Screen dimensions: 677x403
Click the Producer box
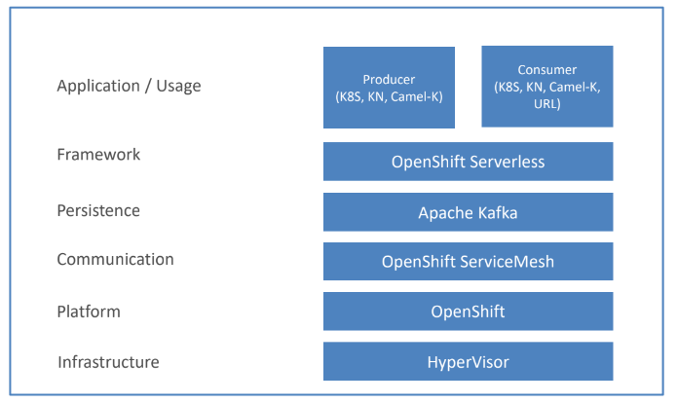tap(389, 88)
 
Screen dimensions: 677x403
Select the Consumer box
tap(547, 87)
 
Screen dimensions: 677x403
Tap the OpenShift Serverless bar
tap(468, 162)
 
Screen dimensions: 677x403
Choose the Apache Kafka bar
tap(468, 212)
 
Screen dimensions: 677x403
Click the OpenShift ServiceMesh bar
tap(468, 261)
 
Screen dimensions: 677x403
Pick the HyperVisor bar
tap(468, 361)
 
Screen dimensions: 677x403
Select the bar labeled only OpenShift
tap(468, 311)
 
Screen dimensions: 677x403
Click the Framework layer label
tap(98, 155)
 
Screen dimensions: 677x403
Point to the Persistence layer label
tap(98, 210)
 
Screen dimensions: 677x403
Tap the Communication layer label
tap(115, 259)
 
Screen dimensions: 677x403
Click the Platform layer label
tap(89, 311)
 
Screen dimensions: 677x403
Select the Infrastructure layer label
tap(108, 362)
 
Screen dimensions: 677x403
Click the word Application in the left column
tap(98, 87)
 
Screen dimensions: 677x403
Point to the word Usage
tap(178, 87)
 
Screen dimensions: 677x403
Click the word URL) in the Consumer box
tap(547, 104)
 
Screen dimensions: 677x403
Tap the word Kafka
tap(498, 213)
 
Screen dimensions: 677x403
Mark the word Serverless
tap(507, 162)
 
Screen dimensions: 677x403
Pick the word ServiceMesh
tap(507, 262)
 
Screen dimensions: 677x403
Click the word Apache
tap(446, 213)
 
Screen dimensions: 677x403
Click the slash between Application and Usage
tap(148, 87)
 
